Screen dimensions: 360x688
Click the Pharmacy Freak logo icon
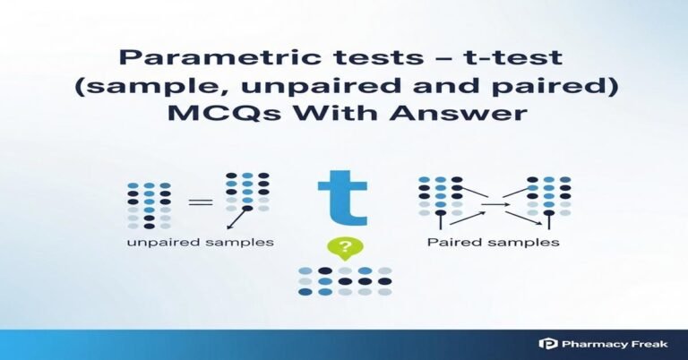tap(547, 343)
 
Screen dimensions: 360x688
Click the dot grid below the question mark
tap(344, 280)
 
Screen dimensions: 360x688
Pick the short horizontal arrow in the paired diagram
tap(494, 205)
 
